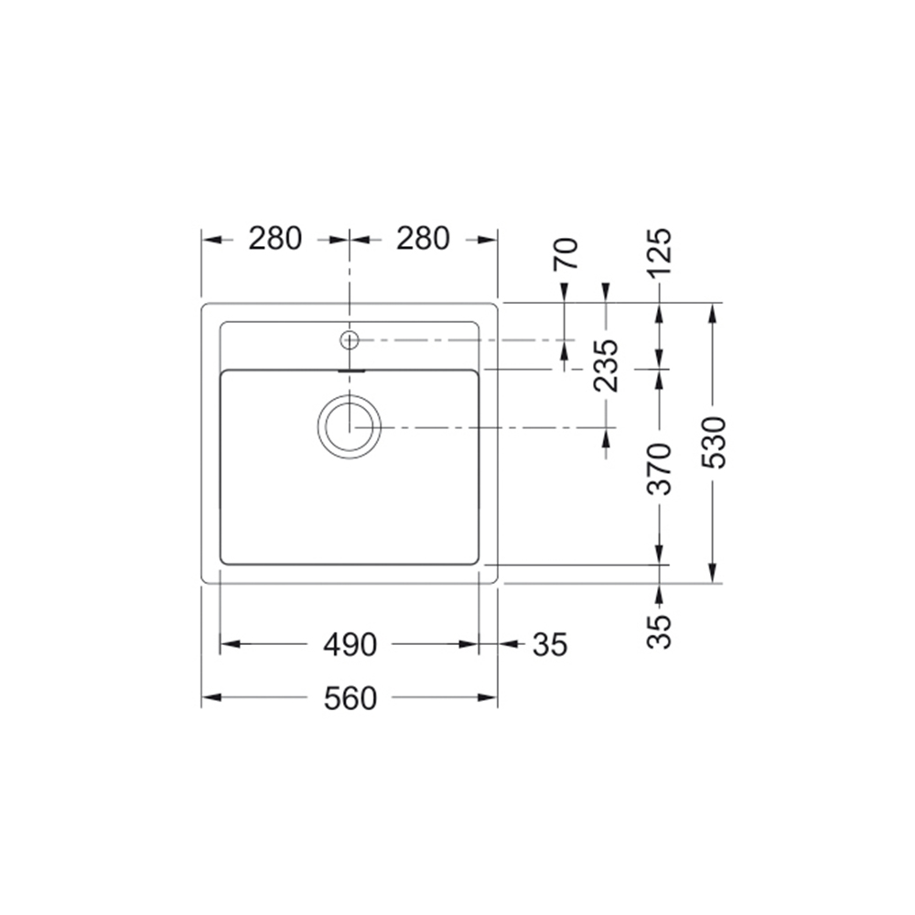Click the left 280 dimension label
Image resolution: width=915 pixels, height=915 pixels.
point(274,239)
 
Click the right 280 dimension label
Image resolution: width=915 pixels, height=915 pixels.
point(423,239)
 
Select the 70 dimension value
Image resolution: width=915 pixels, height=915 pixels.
point(566,253)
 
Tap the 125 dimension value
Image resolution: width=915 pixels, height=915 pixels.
point(660,252)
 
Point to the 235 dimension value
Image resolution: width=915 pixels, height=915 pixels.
point(605,365)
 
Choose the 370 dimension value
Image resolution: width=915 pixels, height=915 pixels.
point(660,469)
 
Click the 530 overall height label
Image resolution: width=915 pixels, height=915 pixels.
point(713,442)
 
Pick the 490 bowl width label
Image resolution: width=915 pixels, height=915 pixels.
point(350,645)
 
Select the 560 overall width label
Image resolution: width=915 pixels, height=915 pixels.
point(350,698)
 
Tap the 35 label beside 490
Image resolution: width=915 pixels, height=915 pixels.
point(550,645)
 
